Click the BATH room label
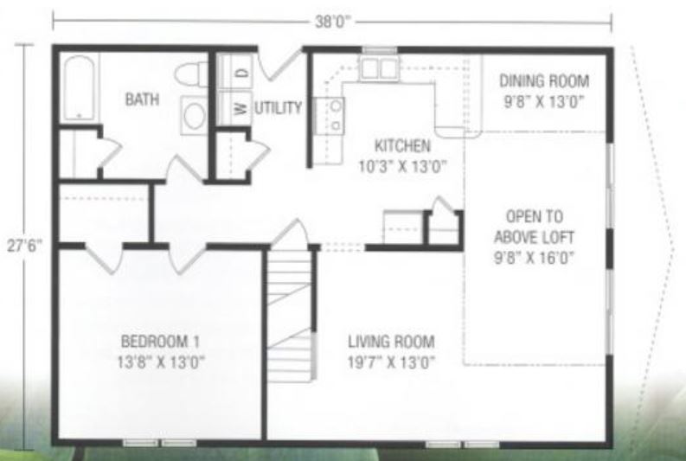point(143,99)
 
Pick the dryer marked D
point(233,73)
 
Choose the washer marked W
point(233,108)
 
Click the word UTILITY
point(278,109)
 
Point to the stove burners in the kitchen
point(332,115)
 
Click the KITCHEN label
point(401,144)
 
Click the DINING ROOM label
point(544,82)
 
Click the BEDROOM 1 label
point(162,340)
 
